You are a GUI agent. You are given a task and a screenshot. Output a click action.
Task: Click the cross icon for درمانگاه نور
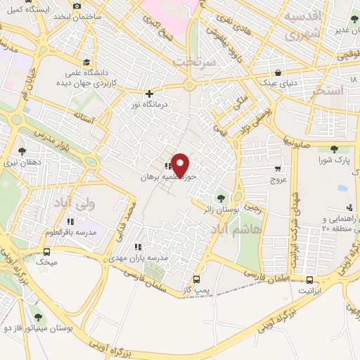click(148, 94)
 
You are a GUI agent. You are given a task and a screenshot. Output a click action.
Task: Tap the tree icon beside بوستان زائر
click(223, 198)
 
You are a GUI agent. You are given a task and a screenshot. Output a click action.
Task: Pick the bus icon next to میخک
click(47, 252)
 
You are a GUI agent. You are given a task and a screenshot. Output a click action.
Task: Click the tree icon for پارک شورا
click(333, 149)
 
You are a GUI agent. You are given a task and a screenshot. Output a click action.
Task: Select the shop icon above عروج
click(278, 169)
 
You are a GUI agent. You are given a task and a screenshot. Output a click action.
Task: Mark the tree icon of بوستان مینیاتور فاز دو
click(37, 317)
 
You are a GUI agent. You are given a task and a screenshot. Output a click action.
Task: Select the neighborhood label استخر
click(326, 91)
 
